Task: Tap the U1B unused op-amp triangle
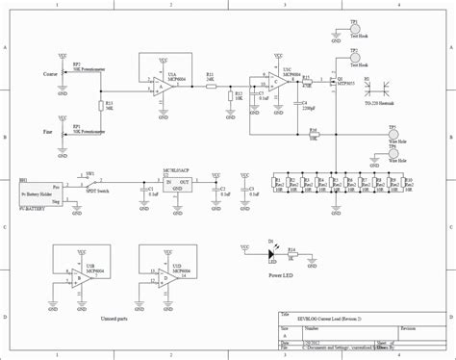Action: pos(78,277)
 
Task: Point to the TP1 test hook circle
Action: pos(354,29)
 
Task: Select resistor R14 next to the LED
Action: pos(293,257)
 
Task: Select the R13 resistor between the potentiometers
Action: pos(100,105)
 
